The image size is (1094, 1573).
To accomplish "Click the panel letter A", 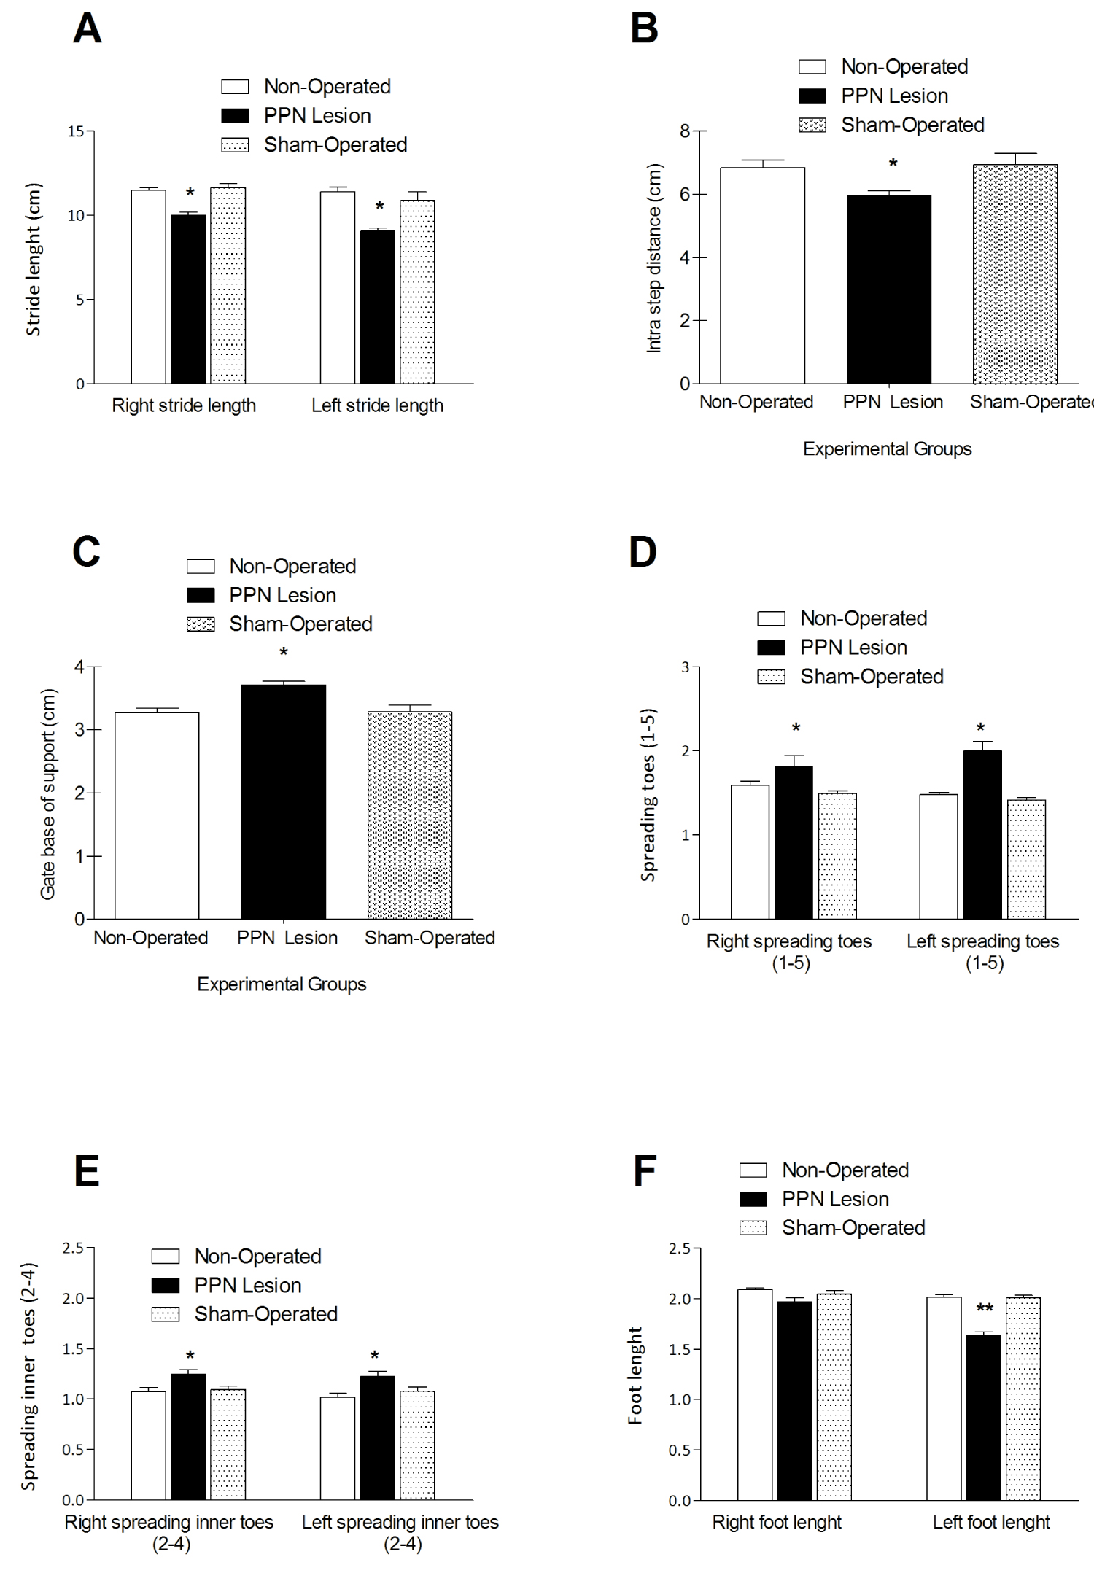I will click(x=88, y=30).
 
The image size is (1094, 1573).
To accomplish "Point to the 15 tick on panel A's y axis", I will click(x=76, y=131).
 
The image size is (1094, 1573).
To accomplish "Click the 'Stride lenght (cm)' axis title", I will click(x=34, y=259).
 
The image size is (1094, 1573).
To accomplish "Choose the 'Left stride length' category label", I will click(x=377, y=405).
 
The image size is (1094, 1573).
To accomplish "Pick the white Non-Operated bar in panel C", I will click(x=157, y=815).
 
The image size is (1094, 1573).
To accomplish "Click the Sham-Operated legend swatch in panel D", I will click(x=771, y=677).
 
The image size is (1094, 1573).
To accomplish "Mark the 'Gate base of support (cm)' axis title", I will click(x=48, y=793).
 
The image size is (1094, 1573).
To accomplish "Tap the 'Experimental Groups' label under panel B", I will click(x=887, y=448).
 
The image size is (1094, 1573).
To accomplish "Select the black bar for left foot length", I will click(x=983, y=1417).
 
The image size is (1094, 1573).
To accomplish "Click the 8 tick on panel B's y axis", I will click(x=685, y=131).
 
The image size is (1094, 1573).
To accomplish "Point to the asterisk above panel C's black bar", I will click(x=284, y=652).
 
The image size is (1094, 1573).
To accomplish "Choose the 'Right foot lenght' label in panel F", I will click(x=777, y=1522).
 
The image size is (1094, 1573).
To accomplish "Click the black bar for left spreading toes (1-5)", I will click(x=982, y=834).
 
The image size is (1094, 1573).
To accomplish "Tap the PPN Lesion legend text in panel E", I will click(x=248, y=1285).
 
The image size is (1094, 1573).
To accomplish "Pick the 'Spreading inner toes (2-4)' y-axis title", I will click(x=28, y=1376).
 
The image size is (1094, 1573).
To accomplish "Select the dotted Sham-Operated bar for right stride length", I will click(x=228, y=285).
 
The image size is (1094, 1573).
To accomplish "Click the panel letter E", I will click(x=87, y=1171).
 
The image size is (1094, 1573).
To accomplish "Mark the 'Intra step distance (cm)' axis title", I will click(x=654, y=258).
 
